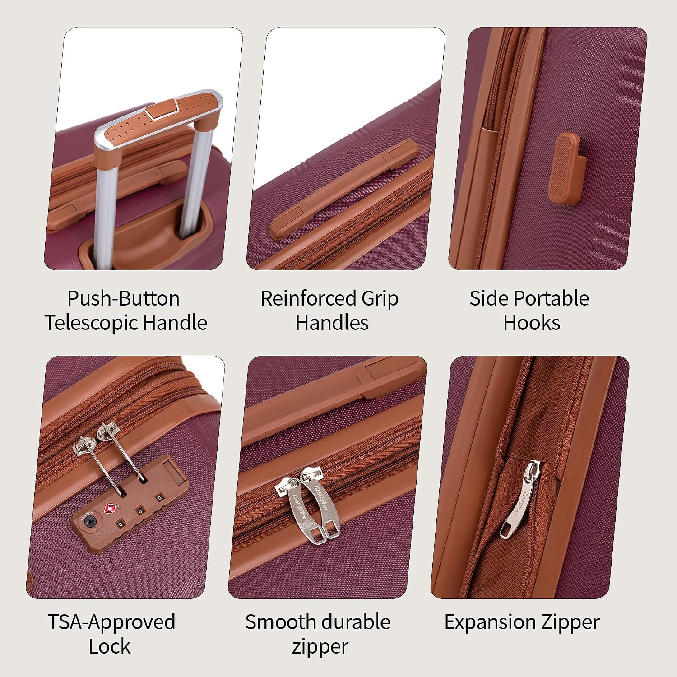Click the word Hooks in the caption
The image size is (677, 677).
[x=532, y=323]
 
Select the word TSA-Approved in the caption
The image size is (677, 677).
[x=111, y=622]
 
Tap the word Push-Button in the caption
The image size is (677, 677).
[x=123, y=298]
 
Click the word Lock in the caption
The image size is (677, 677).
[x=109, y=647]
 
